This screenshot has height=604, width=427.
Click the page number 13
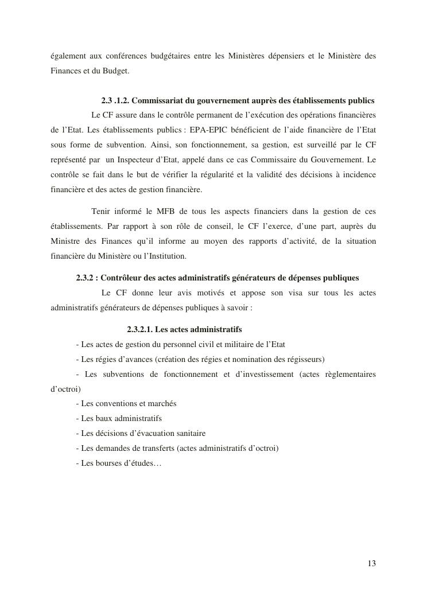(x=372, y=563)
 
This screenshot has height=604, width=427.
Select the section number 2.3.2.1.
(x=139, y=330)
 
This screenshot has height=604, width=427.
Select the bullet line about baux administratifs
(x=119, y=418)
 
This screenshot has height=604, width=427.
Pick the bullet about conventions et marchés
(x=126, y=403)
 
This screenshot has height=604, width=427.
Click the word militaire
(x=225, y=345)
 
